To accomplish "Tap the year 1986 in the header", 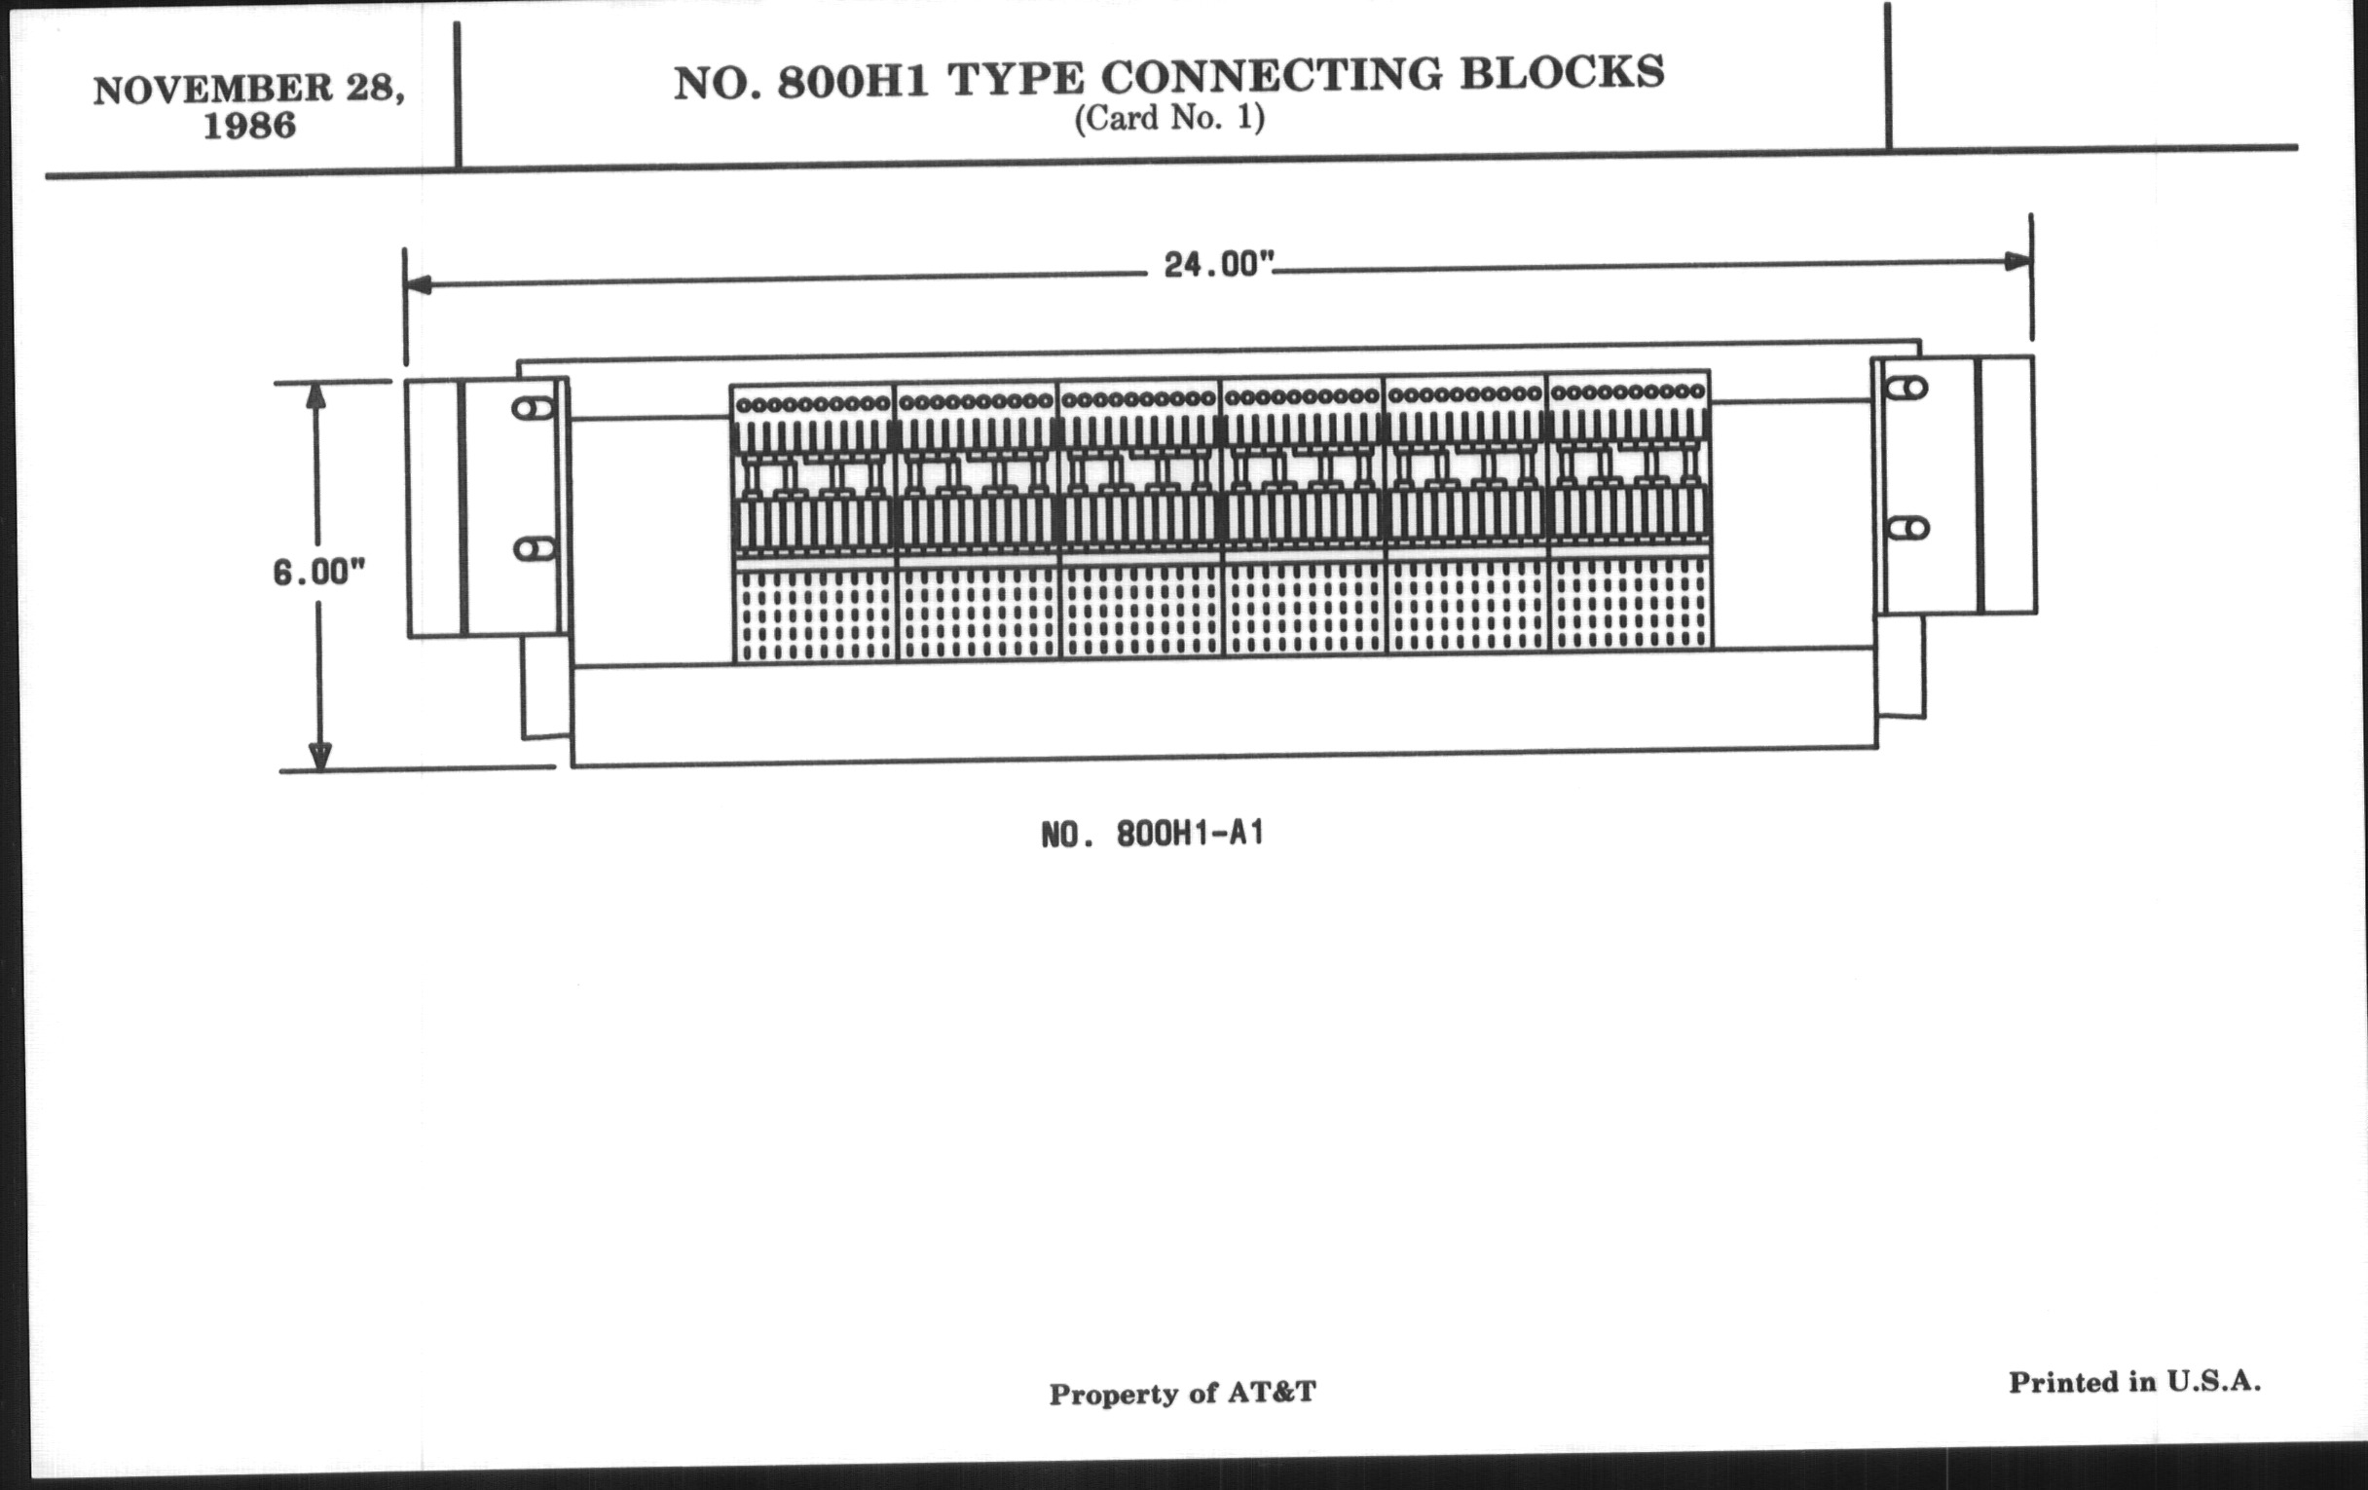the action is click(249, 126).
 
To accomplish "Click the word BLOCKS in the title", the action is click(1562, 72).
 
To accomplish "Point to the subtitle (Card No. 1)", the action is click(1169, 118).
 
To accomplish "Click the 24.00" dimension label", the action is click(1218, 265).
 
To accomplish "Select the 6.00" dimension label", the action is click(318, 572).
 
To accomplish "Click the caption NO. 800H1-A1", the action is click(1152, 834).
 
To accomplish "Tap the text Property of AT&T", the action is click(1182, 1394).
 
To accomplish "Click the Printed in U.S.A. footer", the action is click(2134, 1382).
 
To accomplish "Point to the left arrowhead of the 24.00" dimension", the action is click(418, 285).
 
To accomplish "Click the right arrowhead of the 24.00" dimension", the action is click(2016, 261).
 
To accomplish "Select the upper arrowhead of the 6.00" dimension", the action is click(314, 395).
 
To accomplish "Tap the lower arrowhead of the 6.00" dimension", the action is click(319, 757).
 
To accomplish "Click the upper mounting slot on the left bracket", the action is click(533, 408).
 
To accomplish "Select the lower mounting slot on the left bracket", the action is click(534, 549).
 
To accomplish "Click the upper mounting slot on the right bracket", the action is click(1906, 389).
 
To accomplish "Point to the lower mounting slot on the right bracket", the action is click(1908, 528).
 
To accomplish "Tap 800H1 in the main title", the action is click(853, 82).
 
